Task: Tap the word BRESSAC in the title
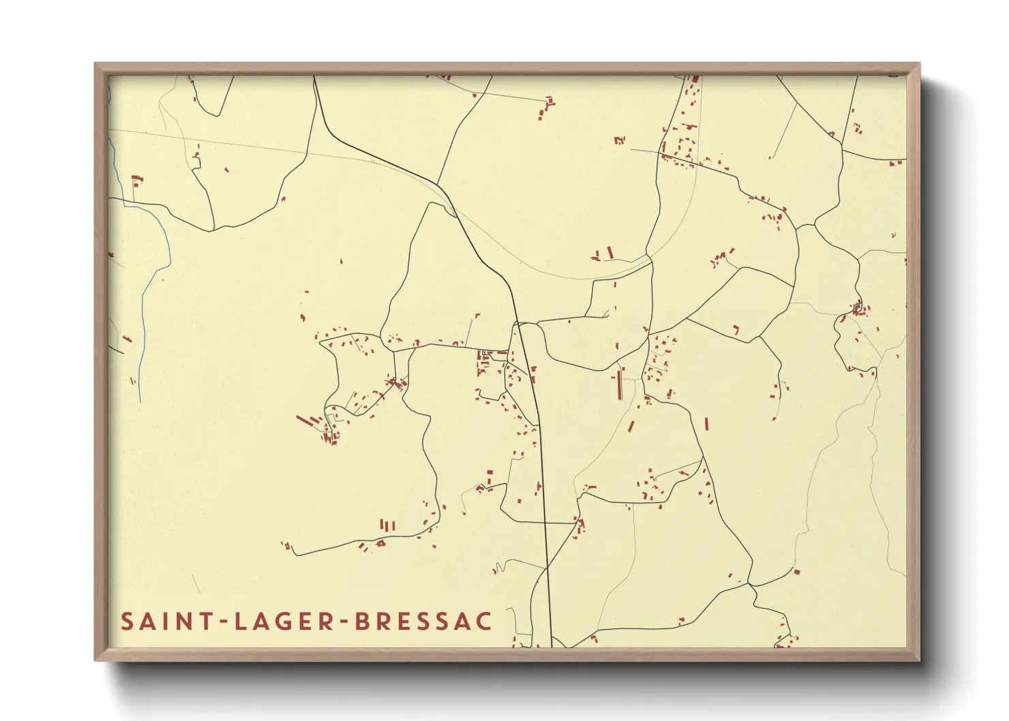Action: coord(423,622)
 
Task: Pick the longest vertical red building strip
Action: coord(620,386)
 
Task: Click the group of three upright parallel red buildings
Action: coord(387,525)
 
